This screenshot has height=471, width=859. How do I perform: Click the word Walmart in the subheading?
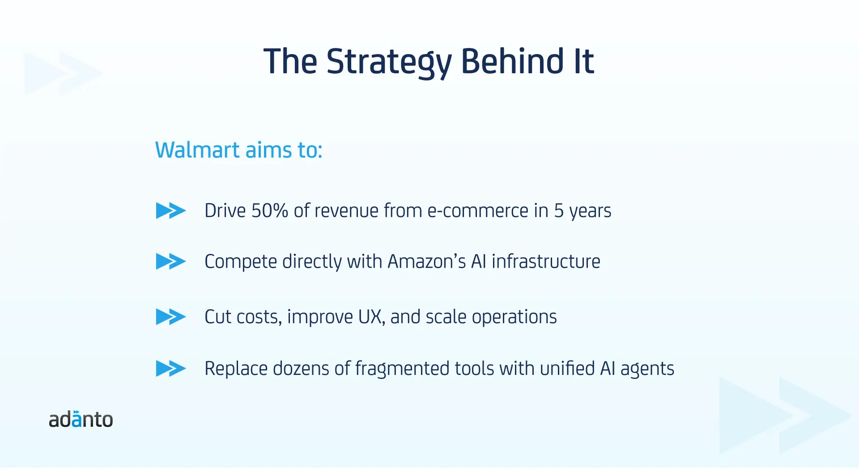[x=198, y=150]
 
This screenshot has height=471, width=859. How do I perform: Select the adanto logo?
[x=81, y=419]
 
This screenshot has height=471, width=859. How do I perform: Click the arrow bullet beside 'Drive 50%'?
[x=171, y=210]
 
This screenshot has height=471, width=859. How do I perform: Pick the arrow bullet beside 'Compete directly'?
[x=171, y=261]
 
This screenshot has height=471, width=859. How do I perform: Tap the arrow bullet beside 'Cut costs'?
[x=171, y=317]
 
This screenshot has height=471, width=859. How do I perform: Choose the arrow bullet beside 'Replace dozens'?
[x=171, y=369]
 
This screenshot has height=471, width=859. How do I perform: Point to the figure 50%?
[x=269, y=210]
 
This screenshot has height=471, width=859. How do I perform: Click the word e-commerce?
[x=478, y=211]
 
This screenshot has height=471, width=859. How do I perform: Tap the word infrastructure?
[x=546, y=261]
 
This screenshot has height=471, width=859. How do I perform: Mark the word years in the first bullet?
[x=590, y=212]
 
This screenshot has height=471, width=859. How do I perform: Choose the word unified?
[x=567, y=369]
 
